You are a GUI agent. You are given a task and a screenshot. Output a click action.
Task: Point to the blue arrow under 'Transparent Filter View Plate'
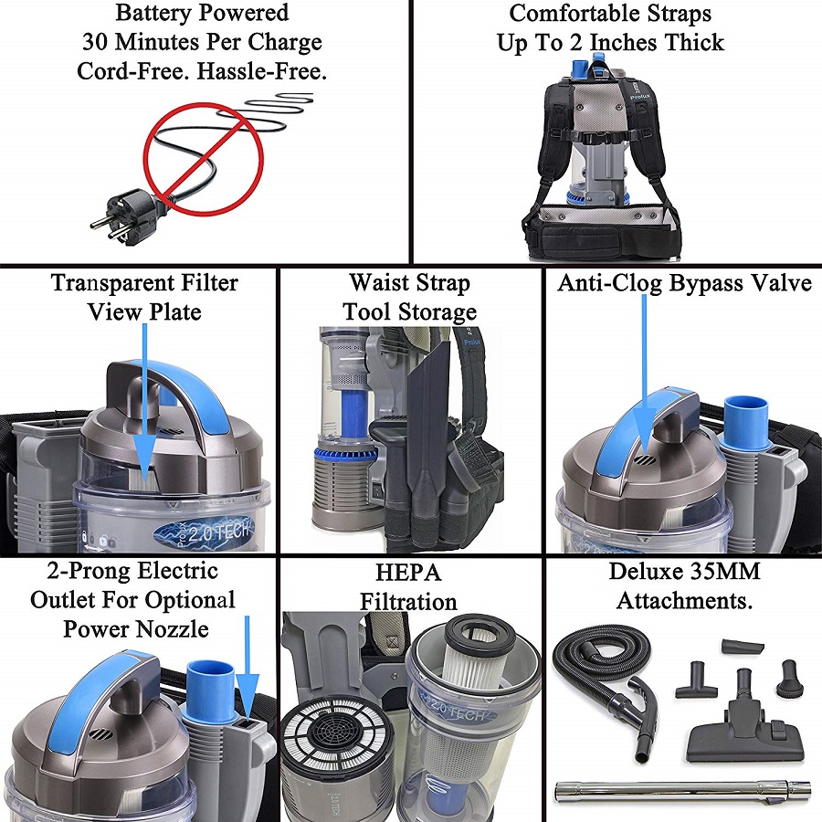(x=144, y=402)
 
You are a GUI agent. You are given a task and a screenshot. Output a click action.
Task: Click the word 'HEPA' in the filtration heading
(x=407, y=573)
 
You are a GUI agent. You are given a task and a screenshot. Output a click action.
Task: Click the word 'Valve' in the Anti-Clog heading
(x=776, y=283)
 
